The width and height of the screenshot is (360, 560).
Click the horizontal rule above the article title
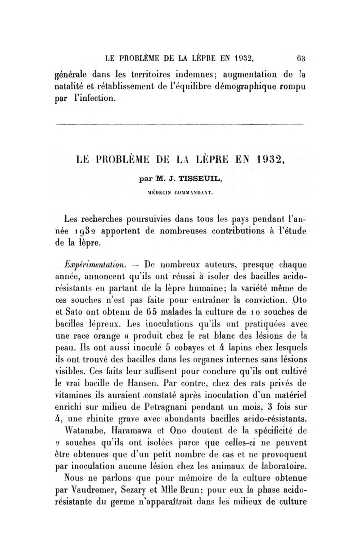pyautogui.click(x=180, y=124)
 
